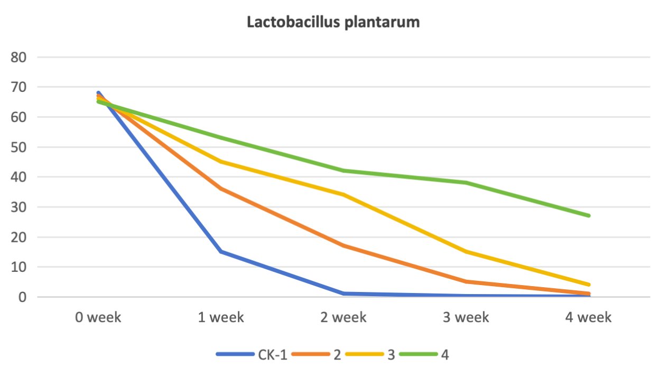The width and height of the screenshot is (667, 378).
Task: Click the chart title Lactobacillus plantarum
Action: coord(333,23)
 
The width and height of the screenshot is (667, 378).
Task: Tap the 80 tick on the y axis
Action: coord(18,58)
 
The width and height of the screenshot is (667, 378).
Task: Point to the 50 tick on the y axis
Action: coord(18,147)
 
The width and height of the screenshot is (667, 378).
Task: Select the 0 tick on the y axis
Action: coord(22,297)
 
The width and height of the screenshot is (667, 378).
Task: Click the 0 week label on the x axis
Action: coord(98,317)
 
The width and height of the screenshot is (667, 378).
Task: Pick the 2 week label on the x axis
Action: coord(344,317)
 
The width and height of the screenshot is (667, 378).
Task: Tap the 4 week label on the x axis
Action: coord(588,317)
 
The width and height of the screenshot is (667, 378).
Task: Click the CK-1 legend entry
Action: coord(252,354)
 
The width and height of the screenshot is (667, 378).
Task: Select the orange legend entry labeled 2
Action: coord(316,354)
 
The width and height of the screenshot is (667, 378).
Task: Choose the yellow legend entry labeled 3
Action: coord(370,354)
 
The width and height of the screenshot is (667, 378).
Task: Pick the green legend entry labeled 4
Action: coord(424,354)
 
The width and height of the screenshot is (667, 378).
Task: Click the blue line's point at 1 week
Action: coord(221,252)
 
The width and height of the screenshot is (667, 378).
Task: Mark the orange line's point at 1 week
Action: coord(221,189)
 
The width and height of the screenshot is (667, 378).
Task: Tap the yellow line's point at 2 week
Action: coord(344,195)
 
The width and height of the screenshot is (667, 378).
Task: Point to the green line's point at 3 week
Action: coord(466,183)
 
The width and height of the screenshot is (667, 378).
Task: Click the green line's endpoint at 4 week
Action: coord(588,215)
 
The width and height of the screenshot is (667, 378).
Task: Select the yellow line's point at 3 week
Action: coord(466,252)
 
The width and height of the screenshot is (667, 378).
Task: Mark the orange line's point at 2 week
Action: coord(344,246)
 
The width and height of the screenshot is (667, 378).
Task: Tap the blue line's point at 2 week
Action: coord(344,294)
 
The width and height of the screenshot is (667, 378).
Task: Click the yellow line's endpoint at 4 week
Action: coord(588,285)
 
